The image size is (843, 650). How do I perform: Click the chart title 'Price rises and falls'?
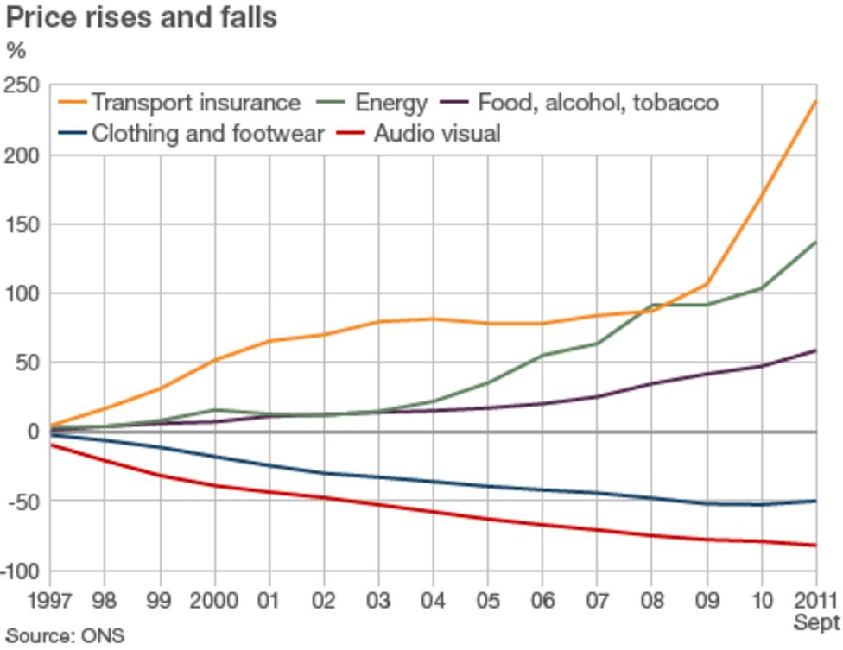pos(141,17)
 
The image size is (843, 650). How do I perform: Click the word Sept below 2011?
pos(816,622)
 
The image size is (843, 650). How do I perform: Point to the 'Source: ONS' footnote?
pos(65,636)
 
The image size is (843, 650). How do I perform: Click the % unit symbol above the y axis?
pos(16,50)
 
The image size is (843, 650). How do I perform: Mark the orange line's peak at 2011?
pos(815,102)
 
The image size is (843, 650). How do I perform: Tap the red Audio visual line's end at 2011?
pos(815,546)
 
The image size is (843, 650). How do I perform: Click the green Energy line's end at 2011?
pos(815,243)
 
